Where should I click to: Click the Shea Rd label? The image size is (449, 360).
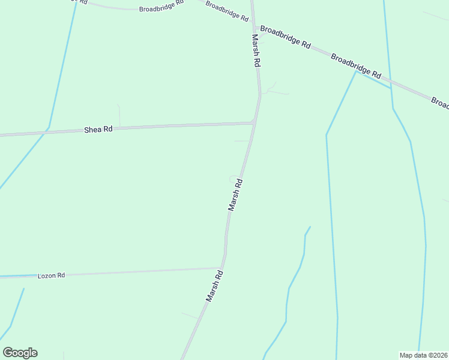pyautogui.click(x=98, y=129)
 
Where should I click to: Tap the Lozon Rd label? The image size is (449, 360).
pyautogui.click(x=51, y=275)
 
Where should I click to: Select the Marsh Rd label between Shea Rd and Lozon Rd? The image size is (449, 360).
pyautogui.click(x=235, y=194)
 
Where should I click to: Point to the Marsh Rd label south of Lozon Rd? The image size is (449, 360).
pyautogui.click(x=214, y=286)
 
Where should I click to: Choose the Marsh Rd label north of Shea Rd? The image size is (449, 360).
pyautogui.click(x=256, y=50)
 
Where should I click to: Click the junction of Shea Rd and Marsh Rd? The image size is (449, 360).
pyautogui.click(x=255, y=123)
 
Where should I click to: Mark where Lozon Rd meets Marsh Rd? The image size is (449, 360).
pyautogui.click(x=221, y=268)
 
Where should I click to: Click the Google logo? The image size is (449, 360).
pyautogui.click(x=20, y=353)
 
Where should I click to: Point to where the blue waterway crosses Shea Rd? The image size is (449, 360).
pyautogui.click(x=47, y=128)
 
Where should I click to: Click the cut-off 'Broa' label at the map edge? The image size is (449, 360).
pyautogui.click(x=440, y=103)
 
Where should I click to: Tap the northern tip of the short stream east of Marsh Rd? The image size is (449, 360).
pyautogui.click(x=310, y=227)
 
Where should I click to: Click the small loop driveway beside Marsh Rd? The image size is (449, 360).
pyautogui.click(x=233, y=178)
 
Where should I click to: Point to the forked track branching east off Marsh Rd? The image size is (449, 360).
pyautogui.click(x=273, y=90)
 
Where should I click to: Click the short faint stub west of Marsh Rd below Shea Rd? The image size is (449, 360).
pyautogui.click(x=241, y=141)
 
